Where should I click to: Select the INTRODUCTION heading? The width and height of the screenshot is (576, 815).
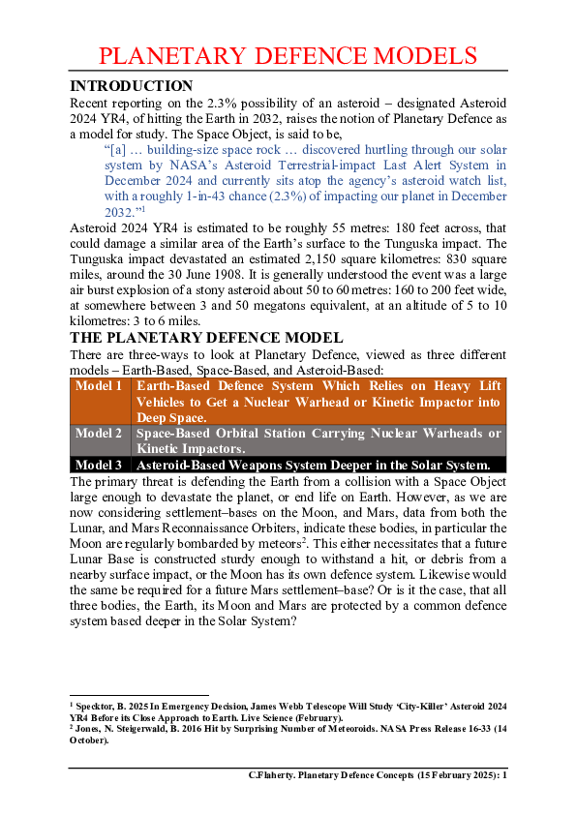132,86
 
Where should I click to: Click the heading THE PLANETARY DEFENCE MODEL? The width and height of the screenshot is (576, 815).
205,338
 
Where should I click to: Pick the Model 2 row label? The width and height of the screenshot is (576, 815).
100,433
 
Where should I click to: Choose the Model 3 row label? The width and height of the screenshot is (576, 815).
100,465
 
